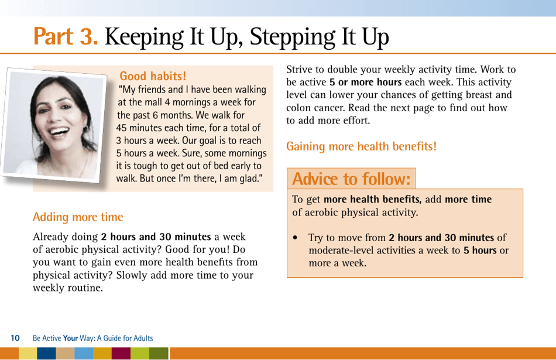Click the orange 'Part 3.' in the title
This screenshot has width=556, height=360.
(66, 36)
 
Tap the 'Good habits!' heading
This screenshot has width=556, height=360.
(153, 76)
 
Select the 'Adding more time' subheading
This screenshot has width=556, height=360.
(78, 217)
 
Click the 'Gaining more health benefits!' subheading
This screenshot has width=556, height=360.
(361, 146)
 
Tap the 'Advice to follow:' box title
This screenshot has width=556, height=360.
(351, 178)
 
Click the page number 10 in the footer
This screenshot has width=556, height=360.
(16, 338)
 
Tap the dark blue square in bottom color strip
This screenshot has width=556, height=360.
(46, 354)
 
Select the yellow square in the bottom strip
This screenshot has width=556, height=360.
(27, 354)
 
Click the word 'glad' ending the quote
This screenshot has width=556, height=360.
(246, 178)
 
